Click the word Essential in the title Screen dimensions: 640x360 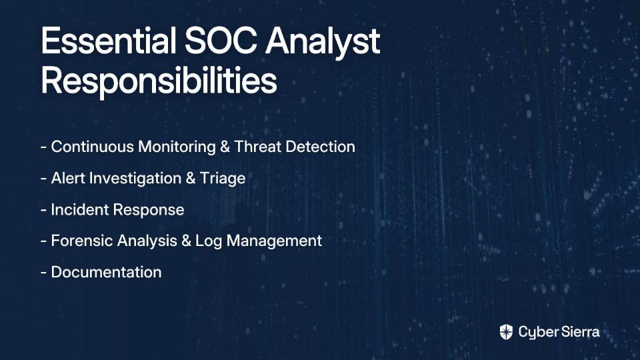[x=109, y=41]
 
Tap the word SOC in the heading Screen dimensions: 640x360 [x=221, y=41]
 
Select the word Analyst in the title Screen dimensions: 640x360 [x=323, y=43]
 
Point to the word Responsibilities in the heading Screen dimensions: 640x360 [x=159, y=82]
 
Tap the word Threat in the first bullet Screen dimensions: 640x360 [x=257, y=147]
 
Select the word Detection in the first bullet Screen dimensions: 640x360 [x=321, y=147]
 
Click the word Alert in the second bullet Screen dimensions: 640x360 [x=68, y=179]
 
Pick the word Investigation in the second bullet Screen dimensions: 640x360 [x=135, y=179]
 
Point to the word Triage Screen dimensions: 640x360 [x=223, y=179]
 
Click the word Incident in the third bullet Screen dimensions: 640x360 [x=79, y=210]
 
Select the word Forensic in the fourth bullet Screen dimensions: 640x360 [x=83, y=241]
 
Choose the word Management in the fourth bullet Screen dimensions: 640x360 [x=274, y=241]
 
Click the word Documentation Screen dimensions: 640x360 [x=106, y=272]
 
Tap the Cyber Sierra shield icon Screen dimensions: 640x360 [x=506, y=332]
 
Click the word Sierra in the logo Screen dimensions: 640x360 [x=579, y=332]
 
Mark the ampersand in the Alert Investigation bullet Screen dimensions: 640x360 [x=191, y=179]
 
